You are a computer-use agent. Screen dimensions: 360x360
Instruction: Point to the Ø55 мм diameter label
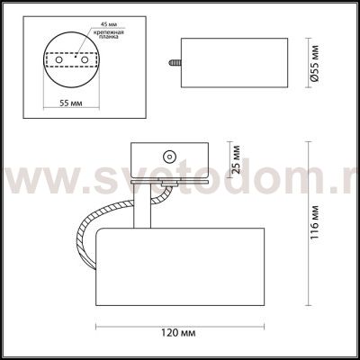point(313,62)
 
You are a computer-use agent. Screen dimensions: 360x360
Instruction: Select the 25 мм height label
point(237,159)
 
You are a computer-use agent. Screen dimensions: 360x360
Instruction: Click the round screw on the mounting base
point(166,153)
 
